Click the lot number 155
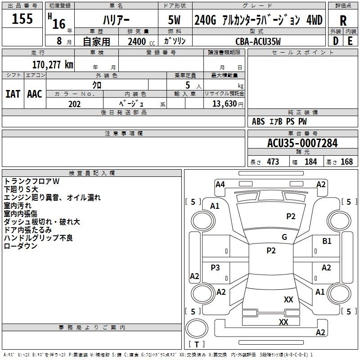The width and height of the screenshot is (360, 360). pyautogui.click(x=22, y=18)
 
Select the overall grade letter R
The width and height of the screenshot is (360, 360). pyautogui.click(x=343, y=21)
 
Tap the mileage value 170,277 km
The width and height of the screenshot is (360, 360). pyautogui.click(x=53, y=65)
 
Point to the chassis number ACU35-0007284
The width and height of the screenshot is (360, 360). pyautogui.click(x=302, y=143)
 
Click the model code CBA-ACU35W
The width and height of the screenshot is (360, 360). pyautogui.click(x=258, y=41)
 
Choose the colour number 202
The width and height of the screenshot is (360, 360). pyautogui.click(x=74, y=104)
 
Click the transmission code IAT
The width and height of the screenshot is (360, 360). pyautogui.click(x=13, y=94)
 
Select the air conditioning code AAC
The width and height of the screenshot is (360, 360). pyautogui.click(x=35, y=94)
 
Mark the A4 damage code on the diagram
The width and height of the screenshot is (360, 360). pyautogui.click(x=220, y=184)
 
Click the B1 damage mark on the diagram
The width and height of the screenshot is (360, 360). pyautogui.click(x=327, y=241)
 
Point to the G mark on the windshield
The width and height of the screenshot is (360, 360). pyautogui.click(x=284, y=237)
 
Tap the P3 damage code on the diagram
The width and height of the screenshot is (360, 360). pyautogui.click(x=215, y=267)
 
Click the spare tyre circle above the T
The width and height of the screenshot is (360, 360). pyautogui.click(x=197, y=328)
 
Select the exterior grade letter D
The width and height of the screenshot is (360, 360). pyautogui.click(x=335, y=41)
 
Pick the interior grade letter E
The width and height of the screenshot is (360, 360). pyautogui.click(x=350, y=41)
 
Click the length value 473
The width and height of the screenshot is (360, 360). pyautogui.click(x=273, y=162)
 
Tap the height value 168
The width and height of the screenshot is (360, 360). pyautogui.click(x=346, y=162)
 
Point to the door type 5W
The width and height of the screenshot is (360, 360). pyautogui.click(x=174, y=20)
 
